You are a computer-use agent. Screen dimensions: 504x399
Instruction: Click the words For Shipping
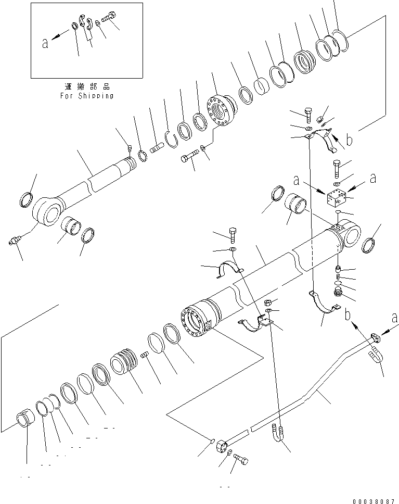86,96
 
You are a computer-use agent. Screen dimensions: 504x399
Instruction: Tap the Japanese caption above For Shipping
86,86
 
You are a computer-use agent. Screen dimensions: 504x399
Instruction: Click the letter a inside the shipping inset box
46,44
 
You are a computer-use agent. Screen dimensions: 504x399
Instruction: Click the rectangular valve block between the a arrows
337,197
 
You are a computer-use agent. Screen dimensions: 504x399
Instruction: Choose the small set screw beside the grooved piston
145,355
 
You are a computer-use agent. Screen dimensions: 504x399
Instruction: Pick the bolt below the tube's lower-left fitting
242,459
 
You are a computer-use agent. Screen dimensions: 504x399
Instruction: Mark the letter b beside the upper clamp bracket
349,140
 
